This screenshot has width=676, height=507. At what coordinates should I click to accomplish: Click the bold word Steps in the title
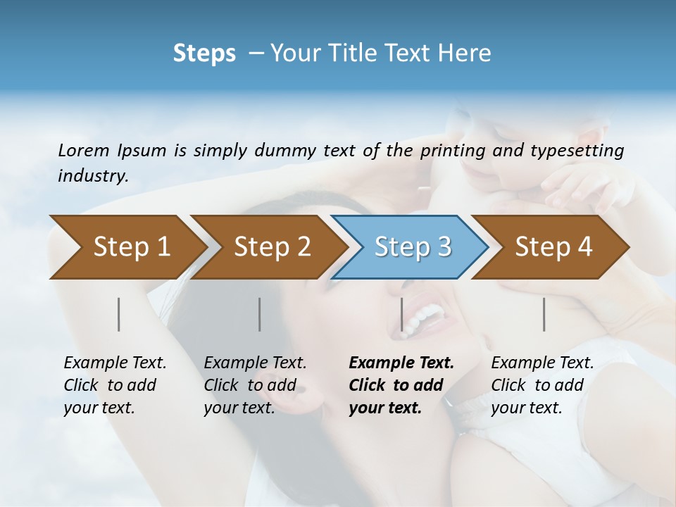click(204, 54)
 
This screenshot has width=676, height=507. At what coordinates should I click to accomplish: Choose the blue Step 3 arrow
click(413, 246)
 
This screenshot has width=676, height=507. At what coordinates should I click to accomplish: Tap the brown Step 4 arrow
click(553, 246)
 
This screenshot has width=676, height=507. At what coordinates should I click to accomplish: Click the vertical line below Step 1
click(119, 314)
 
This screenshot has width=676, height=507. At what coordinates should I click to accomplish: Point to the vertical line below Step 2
click(260, 314)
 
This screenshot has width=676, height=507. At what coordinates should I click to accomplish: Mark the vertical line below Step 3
click(402, 314)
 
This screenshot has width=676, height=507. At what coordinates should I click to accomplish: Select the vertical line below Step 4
click(544, 314)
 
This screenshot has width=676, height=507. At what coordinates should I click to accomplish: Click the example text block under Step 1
click(115, 385)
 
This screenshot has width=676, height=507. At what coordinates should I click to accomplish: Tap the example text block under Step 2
click(255, 385)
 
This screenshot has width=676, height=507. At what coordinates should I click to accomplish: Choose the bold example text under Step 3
click(401, 385)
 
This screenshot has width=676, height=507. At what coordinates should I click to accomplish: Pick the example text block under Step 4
click(542, 385)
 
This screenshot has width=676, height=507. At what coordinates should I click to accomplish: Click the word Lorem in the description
click(84, 151)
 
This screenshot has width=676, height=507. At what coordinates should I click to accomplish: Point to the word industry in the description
click(93, 176)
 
